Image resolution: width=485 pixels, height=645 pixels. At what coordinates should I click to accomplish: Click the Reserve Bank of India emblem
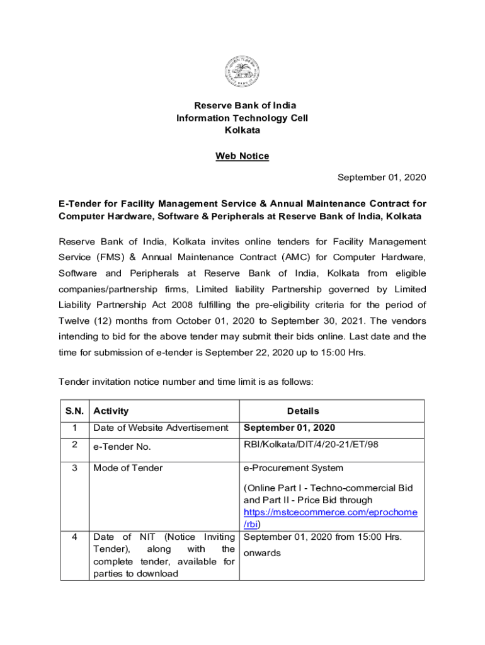[242, 72]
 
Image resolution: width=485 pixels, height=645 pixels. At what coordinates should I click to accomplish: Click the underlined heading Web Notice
[243, 156]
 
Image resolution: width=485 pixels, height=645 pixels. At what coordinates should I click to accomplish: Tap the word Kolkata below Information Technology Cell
[243, 130]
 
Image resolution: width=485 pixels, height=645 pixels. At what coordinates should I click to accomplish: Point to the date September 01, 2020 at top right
[382, 178]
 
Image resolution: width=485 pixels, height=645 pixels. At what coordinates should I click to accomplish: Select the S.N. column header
[75, 411]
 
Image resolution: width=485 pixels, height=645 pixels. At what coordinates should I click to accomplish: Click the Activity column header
[111, 411]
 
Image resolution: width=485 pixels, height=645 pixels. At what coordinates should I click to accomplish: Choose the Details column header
[303, 411]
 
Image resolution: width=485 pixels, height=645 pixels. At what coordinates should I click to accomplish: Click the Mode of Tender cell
[128, 468]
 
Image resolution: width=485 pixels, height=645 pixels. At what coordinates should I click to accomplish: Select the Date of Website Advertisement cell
[161, 428]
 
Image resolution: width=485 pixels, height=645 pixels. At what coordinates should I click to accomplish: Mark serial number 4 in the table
[75, 537]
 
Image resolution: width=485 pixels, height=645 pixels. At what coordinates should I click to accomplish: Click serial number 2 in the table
[75, 445]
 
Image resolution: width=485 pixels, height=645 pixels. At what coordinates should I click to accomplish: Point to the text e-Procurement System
[294, 468]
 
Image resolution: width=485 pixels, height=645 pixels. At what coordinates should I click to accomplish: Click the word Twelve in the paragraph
[74, 321]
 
